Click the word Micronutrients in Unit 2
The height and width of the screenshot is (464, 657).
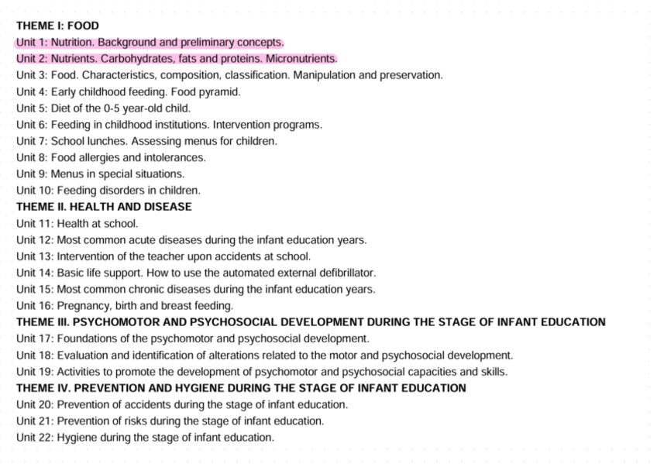301,59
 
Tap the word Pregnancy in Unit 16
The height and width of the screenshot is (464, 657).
83,306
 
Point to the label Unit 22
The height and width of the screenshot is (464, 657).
34,438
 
